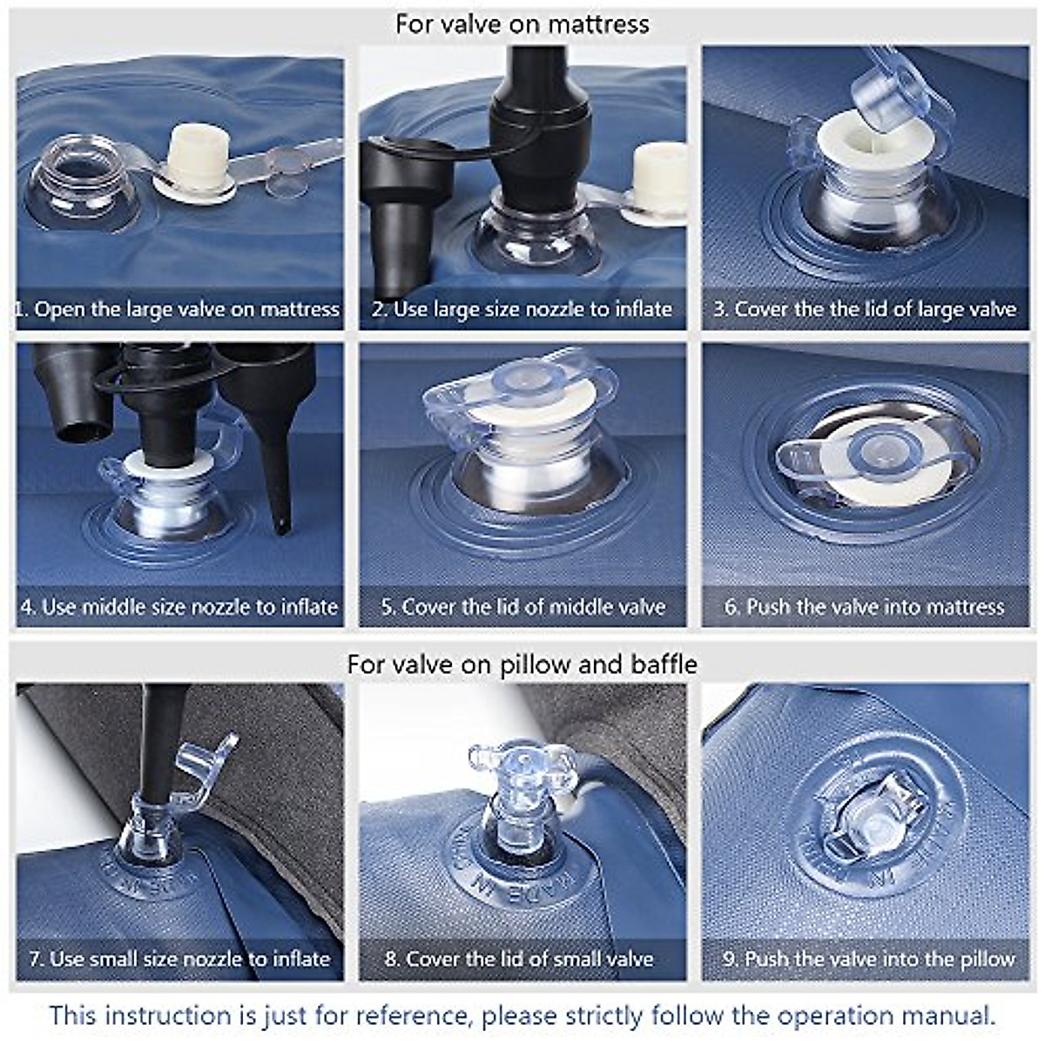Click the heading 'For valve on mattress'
522,24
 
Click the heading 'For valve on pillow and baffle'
522,664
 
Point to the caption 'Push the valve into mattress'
875,606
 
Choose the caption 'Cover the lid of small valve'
529,960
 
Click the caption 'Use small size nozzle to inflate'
190,960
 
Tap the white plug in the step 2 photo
657,179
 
